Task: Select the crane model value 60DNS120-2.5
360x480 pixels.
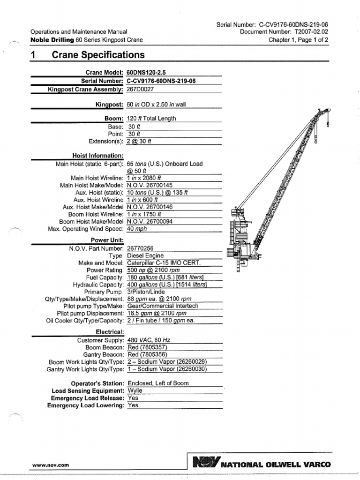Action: coord(146,73)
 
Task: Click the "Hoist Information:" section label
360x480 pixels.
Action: coord(97,156)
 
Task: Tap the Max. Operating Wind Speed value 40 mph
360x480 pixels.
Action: coord(137,229)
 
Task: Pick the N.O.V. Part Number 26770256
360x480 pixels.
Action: coord(140,248)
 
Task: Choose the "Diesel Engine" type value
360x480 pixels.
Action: coord(146,256)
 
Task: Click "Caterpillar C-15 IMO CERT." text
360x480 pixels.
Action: coord(163,263)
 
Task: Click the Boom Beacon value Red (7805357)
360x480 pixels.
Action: coord(147,347)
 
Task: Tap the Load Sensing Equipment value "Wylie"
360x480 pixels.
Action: coord(135,390)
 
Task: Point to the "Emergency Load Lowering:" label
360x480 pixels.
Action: coord(85,405)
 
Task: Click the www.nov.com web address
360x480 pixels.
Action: coord(50,465)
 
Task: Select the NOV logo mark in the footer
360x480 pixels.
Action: coord(205,464)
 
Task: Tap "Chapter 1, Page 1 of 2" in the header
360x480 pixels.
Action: coord(298,40)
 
